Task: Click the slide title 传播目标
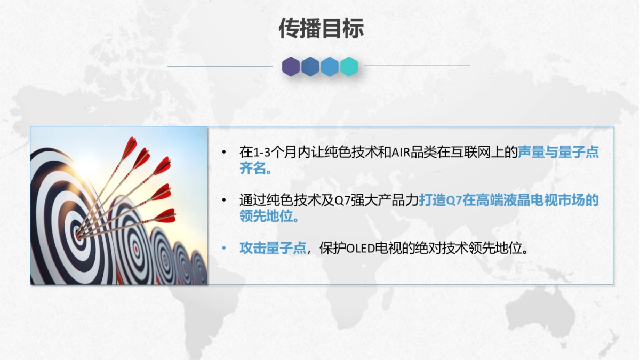pyautogui.click(x=321, y=29)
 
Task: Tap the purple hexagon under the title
pyautogui.click(x=291, y=67)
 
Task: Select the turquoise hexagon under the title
pyautogui.click(x=349, y=67)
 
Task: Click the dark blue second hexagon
pyautogui.click(x=310, y=67)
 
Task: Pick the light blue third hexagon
pyautogui.click(x=330, y=67)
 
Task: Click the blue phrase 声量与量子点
pyautogui.click(x=558, y=153)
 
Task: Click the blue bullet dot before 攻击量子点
pyautogui.click(x=225, y=249)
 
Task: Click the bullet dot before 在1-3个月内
pyautogui.click(x=225, y=153)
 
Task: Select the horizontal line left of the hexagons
pyautogui.click(x=220, y=67)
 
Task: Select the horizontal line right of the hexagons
pyautogui.click(x=417, y=66)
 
